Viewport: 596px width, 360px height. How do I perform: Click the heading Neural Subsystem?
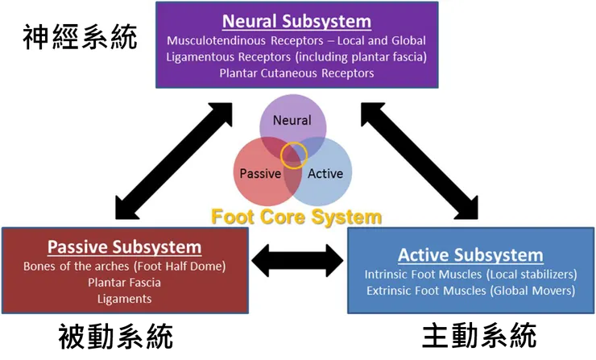coord(296,21)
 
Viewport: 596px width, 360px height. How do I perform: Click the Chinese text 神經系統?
coord(80,38)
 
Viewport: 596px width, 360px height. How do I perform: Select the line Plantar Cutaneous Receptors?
coord(296,73)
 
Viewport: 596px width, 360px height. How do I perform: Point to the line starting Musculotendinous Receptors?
coord(296,40)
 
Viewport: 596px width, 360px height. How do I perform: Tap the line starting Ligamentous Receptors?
coord(296,56)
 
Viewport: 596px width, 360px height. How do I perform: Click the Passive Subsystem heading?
coord(124,246)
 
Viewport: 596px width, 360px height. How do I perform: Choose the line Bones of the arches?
coord(124,267)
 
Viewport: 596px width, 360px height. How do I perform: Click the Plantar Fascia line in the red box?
coord(124,283)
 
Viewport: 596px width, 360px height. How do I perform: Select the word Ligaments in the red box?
coord(124,299)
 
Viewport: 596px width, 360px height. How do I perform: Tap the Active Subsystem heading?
coord(470,255)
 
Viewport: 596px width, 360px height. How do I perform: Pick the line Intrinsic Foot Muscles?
coord(470,275)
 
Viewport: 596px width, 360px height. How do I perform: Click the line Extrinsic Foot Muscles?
coord(470,291)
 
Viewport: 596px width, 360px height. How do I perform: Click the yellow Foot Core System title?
coord(296,217)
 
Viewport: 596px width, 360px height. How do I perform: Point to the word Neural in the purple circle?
coord(292,121)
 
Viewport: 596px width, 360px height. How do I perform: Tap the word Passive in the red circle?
coord(260,173)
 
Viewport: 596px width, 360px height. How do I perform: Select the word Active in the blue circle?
coord(325,173)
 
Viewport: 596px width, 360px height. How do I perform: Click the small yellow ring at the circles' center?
coord(294,155)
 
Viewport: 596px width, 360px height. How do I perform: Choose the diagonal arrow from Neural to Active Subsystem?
coord(419,160)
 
